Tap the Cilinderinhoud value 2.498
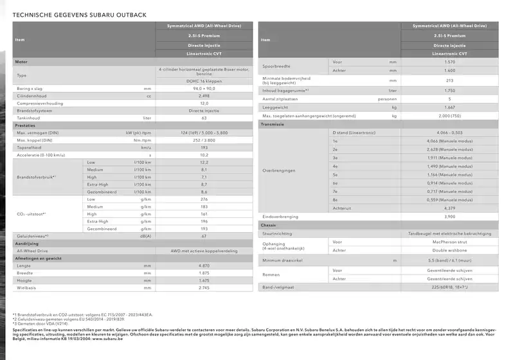[x=204, y=95]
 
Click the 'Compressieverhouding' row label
[x=38, y=103]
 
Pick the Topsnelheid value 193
[x=204, y=147]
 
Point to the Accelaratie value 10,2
[x=204, y=155]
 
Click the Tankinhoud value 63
[x=204, y=118]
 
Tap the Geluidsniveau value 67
[x=204, y=236]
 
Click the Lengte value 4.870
[x=204, y=265]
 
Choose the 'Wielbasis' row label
[x=27, y=287]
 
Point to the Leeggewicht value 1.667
[x=449, y=107]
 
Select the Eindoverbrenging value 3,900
[x=449, y=217]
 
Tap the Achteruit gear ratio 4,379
[x=449, y=208]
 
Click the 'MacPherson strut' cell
[x=449, y=242]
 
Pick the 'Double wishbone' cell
[x=449, y=250]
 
